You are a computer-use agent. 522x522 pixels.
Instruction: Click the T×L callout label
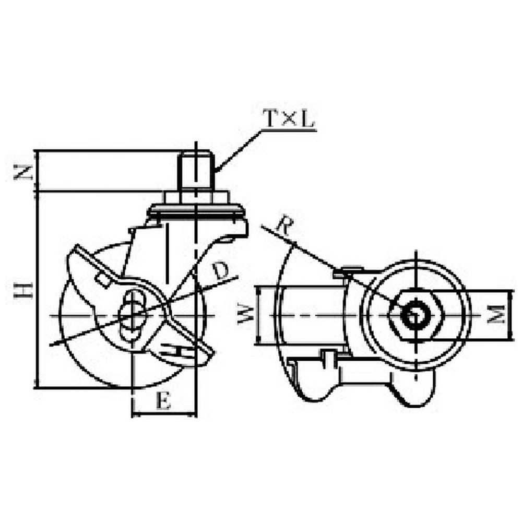coord(288,120)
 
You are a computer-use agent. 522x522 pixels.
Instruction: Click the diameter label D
coord(221,270)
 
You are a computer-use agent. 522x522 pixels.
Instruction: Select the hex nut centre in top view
coord(416,315)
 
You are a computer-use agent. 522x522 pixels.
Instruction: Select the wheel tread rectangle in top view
coord(308,316)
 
